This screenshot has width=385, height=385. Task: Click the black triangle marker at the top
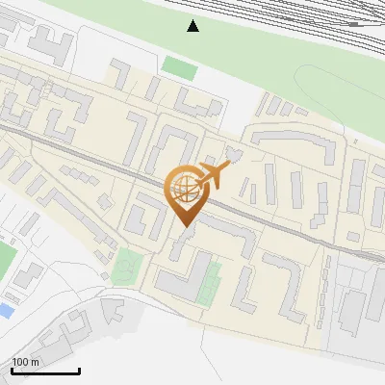pyautogui.click(x=193, y=25)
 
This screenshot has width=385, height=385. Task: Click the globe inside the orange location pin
pyautogui.click(x=183, y=186)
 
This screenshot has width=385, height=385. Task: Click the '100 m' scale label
pyautogui.click(x=25, y=362)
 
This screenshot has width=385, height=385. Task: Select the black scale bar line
pyautogui.click(x=44, y=371)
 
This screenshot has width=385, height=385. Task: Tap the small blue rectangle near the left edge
pyautogui.click(x=5, y=310)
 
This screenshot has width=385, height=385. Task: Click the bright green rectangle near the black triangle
pyautogui.click(x=179, y=68)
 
